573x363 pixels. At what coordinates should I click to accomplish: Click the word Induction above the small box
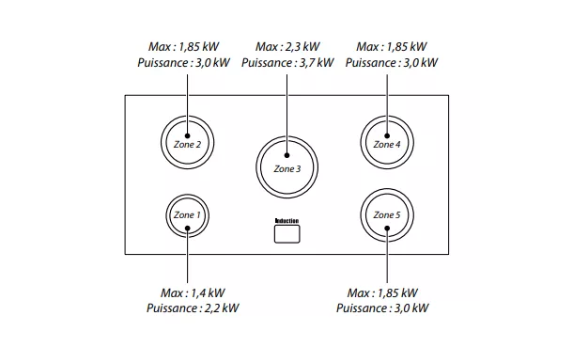pyautogui.click(x=286, y=220)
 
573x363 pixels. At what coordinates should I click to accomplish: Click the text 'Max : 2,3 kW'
pyautogui.click(x=287, y=46)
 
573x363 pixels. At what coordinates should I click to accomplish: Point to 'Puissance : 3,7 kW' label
pyautogui.click(x=287, y=63)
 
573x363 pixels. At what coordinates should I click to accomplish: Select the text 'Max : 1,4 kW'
pyautogui.click(x=188, y=292)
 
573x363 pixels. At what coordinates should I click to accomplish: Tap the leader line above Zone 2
pyautogui.click(x=187, y=94)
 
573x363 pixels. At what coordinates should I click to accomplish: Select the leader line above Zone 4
pyautogui.click(x=386, y=94)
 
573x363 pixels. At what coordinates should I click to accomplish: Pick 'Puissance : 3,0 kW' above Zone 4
pyautogui.click(x=392, y=63)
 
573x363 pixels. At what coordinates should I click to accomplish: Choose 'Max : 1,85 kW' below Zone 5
pyautogui.click(x=382, y=292)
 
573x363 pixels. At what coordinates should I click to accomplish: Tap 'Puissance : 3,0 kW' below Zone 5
pyautogui.click(x=382, y=308)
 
